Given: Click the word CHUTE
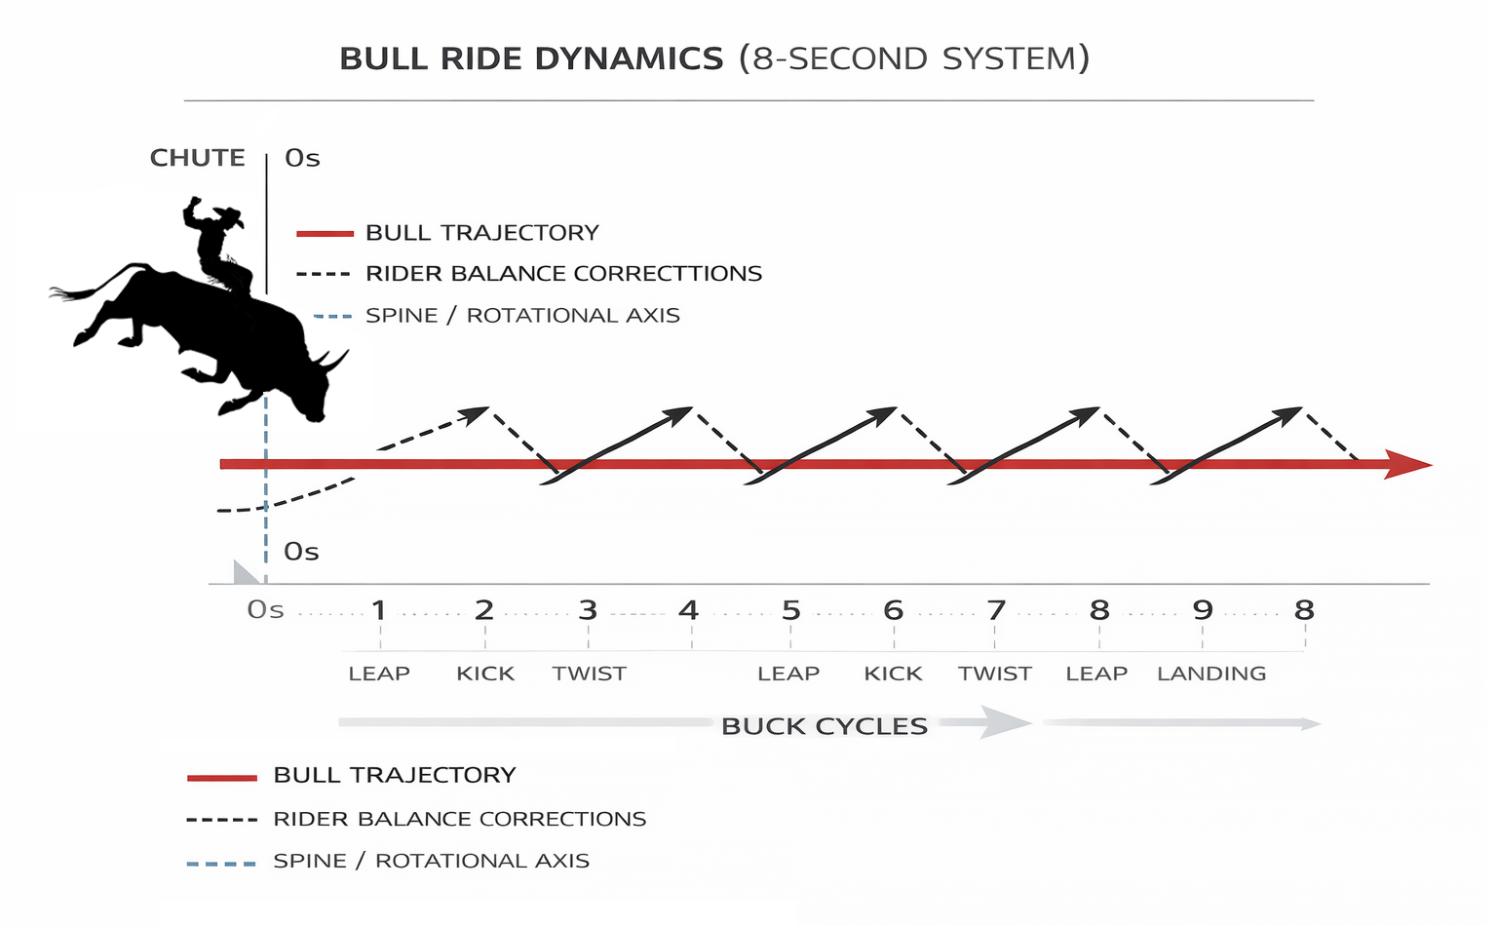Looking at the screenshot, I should tap(197, 158).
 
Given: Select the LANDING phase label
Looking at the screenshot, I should tap(1211, 674).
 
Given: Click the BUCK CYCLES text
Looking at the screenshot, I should tap(825, 726).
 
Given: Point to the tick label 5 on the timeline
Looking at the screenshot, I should tap(790, 611).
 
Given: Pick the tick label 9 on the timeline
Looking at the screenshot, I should tap(1203, 611).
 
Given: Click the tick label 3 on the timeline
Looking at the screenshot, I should tap(588, 611).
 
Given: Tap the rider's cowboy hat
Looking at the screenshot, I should tap(228, 215).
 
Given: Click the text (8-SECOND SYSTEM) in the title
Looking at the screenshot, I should tap(914, 59).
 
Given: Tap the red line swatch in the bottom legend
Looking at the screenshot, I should tap(222, 778).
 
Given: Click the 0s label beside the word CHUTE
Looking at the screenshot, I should tap(302, 159).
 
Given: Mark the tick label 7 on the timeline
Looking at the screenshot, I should tap(995, 611).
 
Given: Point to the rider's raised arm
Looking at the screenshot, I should tap(192, 210).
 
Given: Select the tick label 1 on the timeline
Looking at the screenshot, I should tap(379, 611).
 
